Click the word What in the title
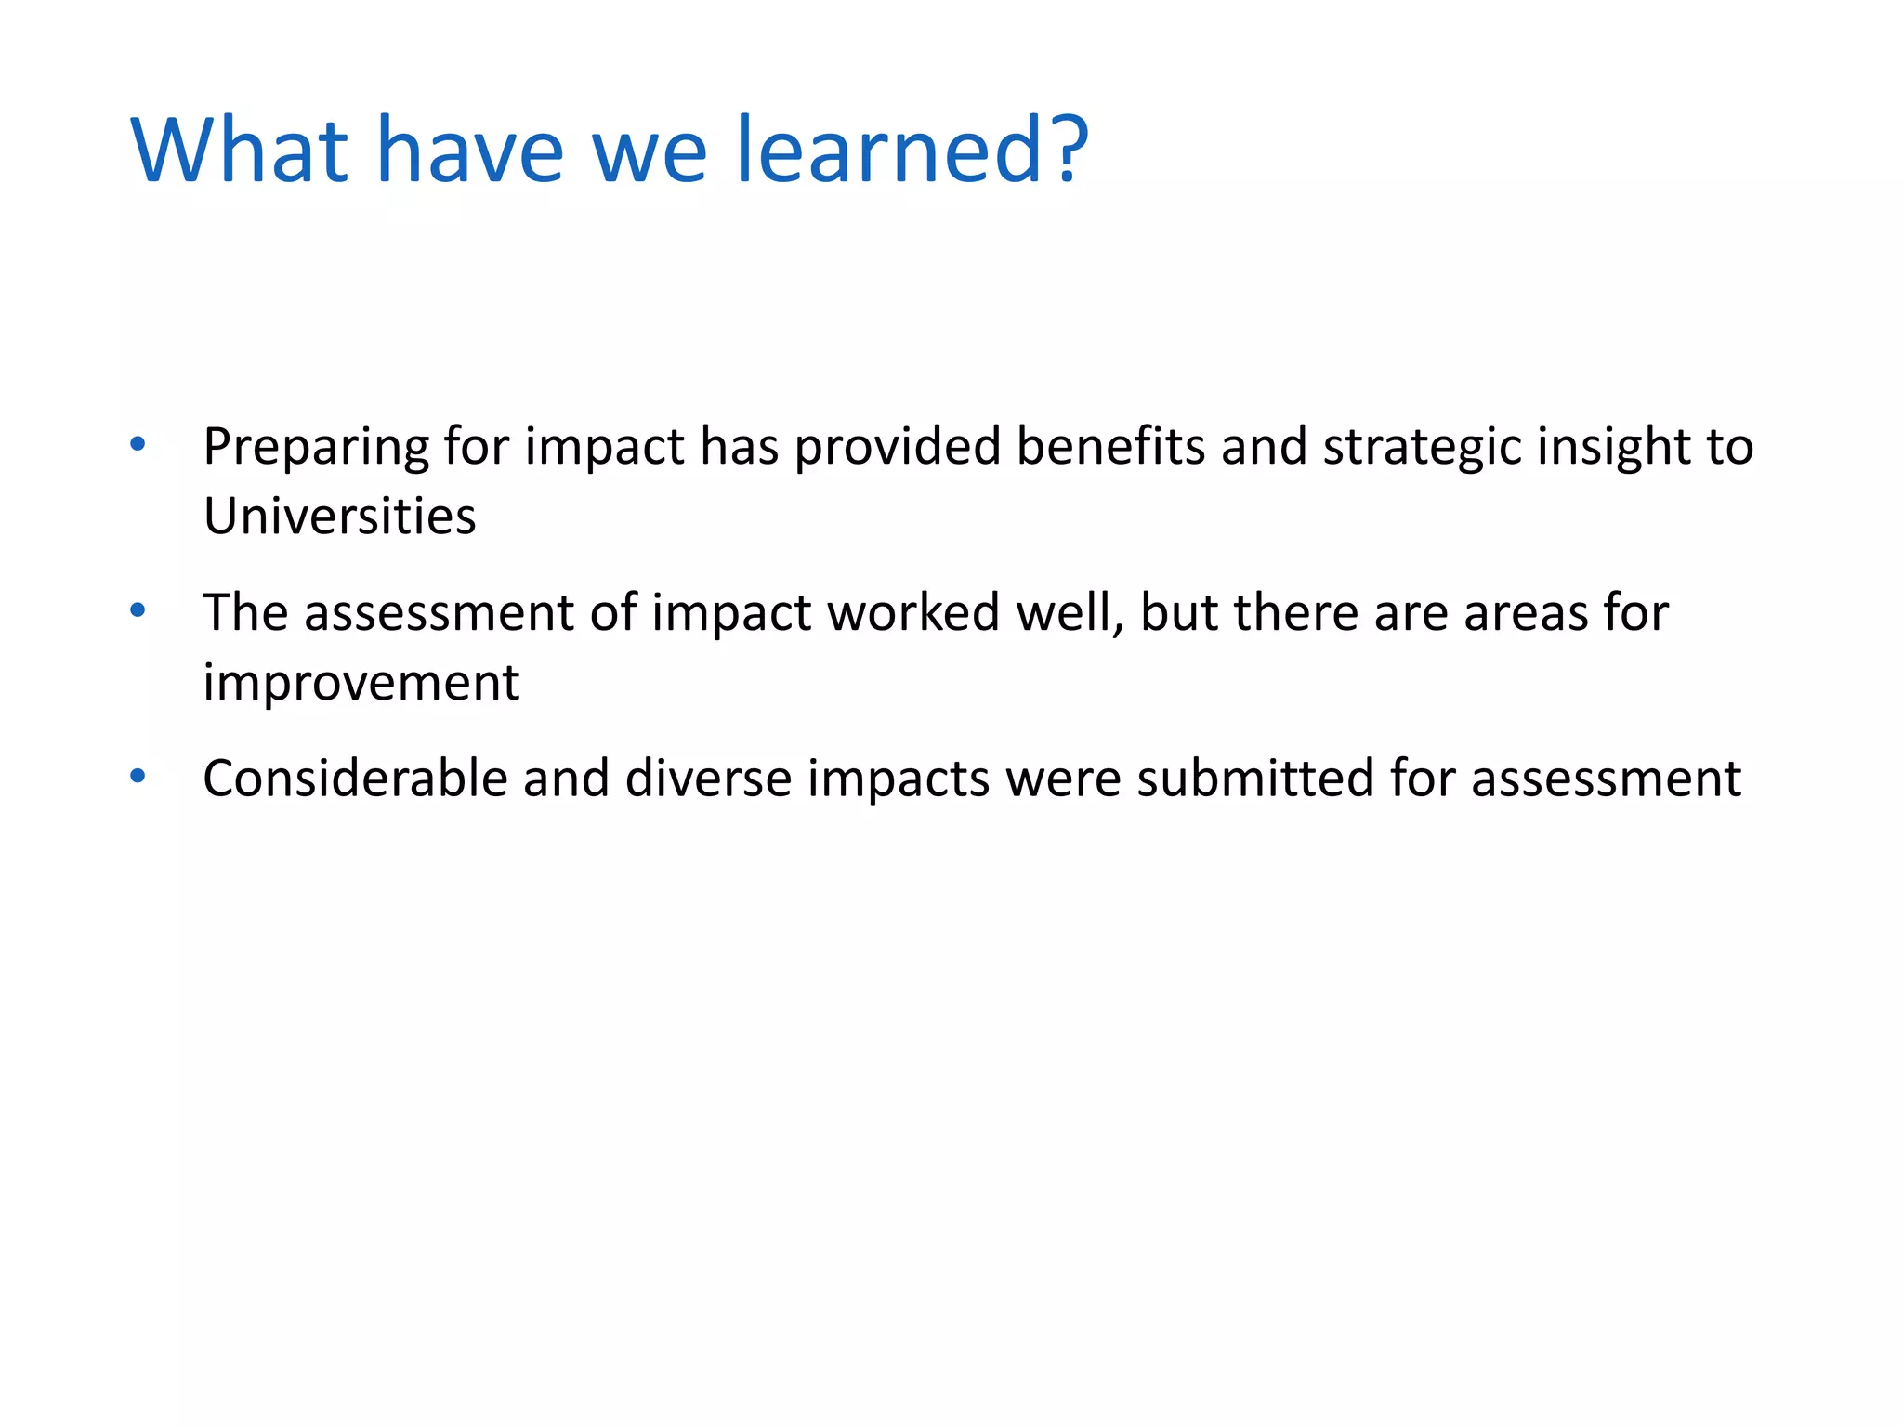[x=240, y=151]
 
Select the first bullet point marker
[x=138, y=444]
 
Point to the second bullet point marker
[x=138, y=610]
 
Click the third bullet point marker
[x=138, y=776]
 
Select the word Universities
[x=339, y=517]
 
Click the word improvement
[x=361, y=684]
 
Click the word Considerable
[x=355, y=779]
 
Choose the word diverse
[x=708, y=779]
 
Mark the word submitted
[x=1255, y=779]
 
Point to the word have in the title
[x=469, y=151]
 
